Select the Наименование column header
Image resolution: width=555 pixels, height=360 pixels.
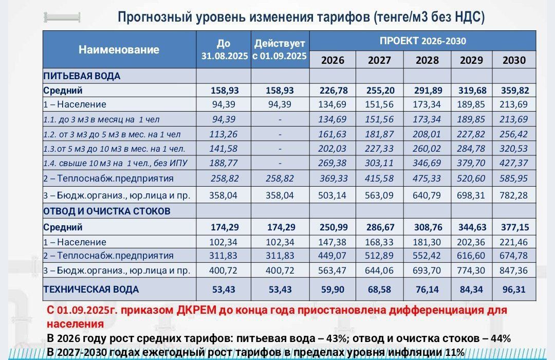pyautogui.click(x=119, y=50)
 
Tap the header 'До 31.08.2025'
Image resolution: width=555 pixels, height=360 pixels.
pyautogui.click(x=224, y=50)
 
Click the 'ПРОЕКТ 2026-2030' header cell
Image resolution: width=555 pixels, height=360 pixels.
pyautogui.click(x=422, y=41)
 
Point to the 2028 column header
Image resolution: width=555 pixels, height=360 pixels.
pyautogui.click(x=427, y=60)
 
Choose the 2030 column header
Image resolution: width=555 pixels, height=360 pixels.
pyautogui.click(x=514, y=60)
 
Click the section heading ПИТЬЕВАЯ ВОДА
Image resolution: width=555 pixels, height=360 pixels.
pyautogui.click(x=82, y=76)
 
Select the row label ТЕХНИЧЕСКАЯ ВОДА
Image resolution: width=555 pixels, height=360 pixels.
pyautogui.click(x=91, y=289)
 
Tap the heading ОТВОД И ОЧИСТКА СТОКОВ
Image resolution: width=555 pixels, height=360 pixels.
pyautogui.click(x=107, y=211)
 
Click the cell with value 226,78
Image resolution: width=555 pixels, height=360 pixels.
pyautogui.click(x=333, y=91)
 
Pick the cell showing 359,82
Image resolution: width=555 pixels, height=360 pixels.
pyautogui.click(x=514, y=91)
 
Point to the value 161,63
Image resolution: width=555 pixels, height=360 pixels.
pyautogui.click(x=333, y=134)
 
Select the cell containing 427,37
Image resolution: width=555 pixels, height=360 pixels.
pyautogui.click(x=514, y=164)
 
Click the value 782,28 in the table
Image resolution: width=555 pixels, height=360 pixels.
pyautogui.click(x=514, y=195)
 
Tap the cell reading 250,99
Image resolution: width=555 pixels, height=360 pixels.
pyautogui.click(x=333, y=227)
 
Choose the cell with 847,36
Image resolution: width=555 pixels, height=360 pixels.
pyautogui.click(x=514, y=269)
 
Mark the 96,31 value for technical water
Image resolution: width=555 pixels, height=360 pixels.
pyautogui.click(x=514, y=289)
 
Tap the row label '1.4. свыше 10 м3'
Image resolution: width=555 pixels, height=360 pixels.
pyautogui.click(x=114, y=164)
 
